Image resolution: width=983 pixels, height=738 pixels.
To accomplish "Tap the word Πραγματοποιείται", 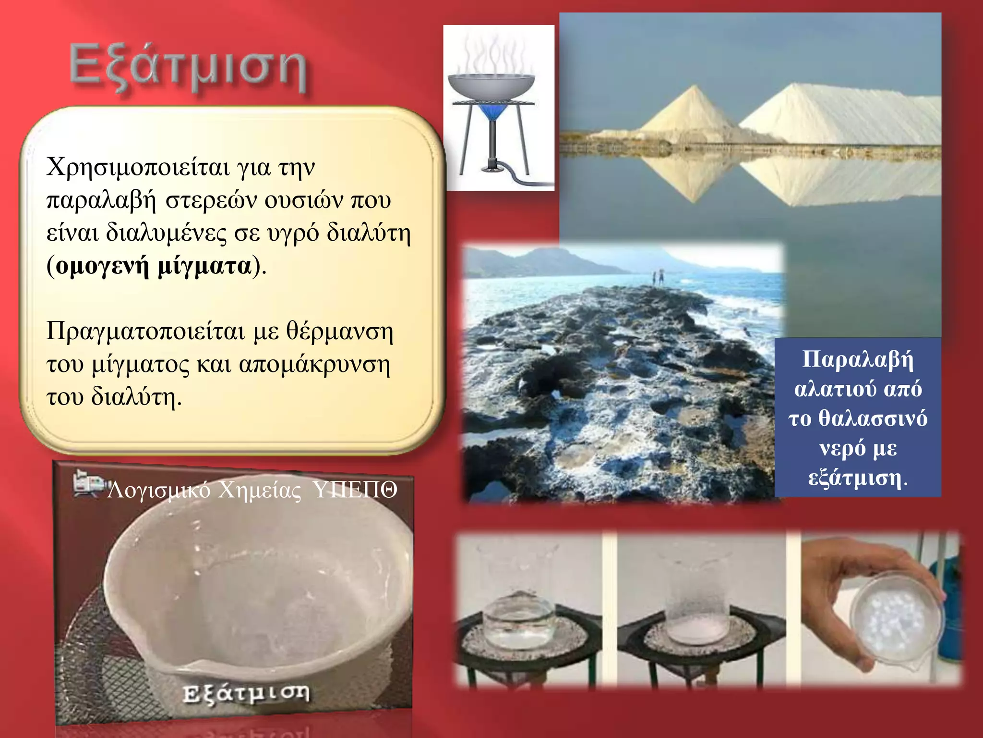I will (145, 332).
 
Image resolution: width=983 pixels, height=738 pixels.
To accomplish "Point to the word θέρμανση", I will (340, 332).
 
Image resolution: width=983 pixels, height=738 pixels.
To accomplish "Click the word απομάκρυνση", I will (314, 365).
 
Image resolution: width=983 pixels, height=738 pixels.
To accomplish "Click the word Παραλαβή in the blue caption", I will (858, 359).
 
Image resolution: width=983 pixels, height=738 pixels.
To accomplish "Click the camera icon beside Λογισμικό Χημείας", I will (88, 483).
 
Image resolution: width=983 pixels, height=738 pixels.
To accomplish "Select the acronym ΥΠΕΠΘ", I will (355, 491).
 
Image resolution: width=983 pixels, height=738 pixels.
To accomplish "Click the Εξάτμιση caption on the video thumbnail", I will (246, 693).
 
